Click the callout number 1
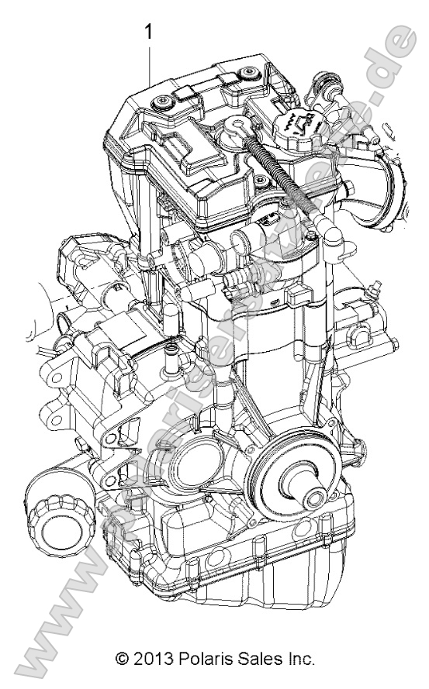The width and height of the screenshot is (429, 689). tap(148, 32)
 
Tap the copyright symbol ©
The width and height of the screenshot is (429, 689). tap(121, 660)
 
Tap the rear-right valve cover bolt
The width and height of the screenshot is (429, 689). tap(247, 73)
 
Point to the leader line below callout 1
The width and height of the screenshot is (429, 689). tap(148, 116)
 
